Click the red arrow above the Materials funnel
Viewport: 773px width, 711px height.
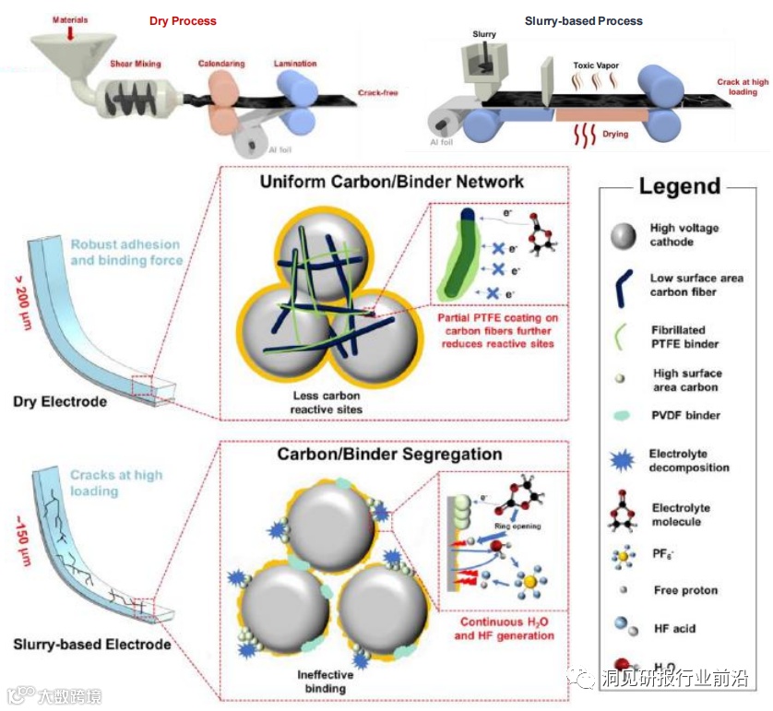tap(71, 32)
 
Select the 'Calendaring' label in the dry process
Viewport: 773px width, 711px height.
tap(221, 64)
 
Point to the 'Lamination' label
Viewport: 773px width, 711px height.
tap(295, 64)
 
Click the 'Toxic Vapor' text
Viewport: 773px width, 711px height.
tap(596, 65)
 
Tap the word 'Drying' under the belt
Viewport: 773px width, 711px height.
tap(616, 134)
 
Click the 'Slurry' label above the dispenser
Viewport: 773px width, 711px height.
tap(484, 35)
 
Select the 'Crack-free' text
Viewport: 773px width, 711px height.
tap(378, 93)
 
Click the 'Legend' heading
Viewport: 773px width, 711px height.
tap(680, 187)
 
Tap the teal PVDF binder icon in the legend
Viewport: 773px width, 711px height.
tap(623, 416)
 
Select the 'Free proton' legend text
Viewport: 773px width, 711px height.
tap(685, 590)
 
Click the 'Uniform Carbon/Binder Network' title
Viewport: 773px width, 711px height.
tap(392, 181)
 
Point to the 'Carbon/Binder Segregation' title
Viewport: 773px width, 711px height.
tap(390, 455)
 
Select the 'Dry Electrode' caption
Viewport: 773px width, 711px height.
tap(61, 401)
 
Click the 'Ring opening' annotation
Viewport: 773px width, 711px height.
tap(517, 527)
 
